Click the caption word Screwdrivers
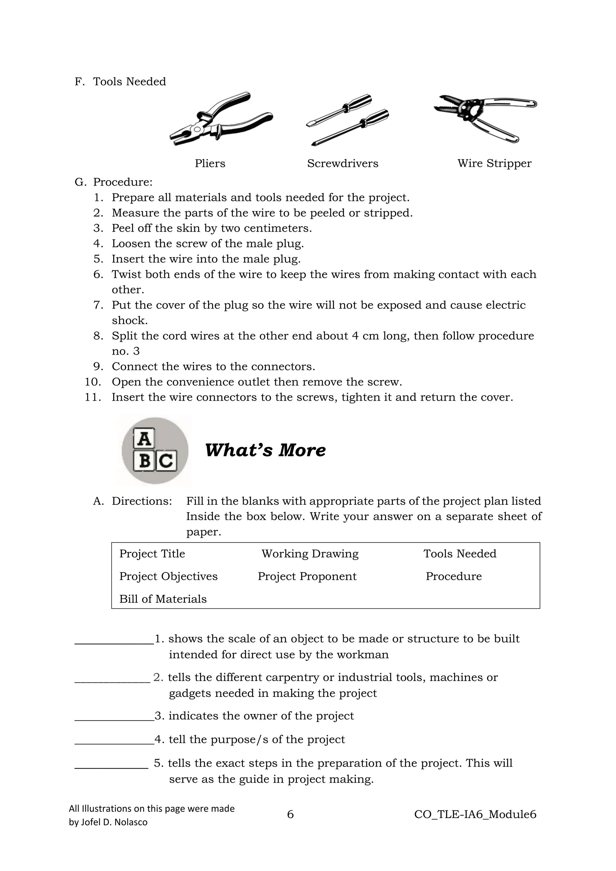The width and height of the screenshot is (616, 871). (x=343, y=164)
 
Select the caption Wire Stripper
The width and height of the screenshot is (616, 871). (x=494, y=164)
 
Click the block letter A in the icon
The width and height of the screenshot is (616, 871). (x=144, y=439)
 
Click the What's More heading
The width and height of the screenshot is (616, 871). (x=265, y=450)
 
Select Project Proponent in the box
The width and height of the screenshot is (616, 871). (x=307, y=576)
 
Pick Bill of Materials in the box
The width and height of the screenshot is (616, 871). (x=163, y=599)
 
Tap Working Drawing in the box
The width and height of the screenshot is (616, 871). (x=310, y=554)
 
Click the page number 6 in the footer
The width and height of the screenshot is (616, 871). (x=290, y=814)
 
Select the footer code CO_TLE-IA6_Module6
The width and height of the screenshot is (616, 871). (x=475, y=814)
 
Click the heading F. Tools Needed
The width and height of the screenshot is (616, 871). (x=120, y=82)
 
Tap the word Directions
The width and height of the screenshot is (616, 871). (x=141, y=501)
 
